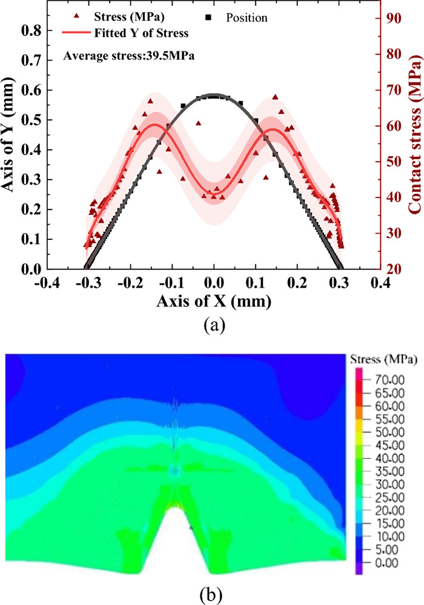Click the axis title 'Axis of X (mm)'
[213, 300]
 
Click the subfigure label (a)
[213, 325]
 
